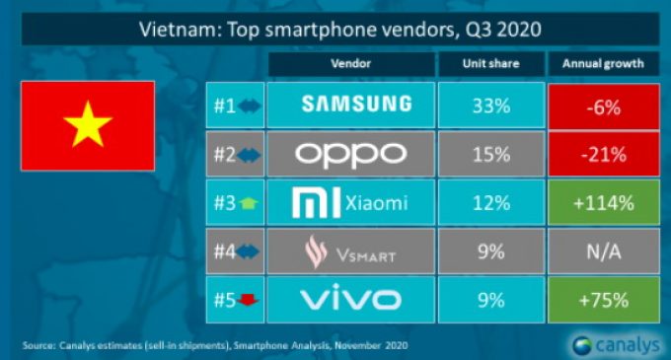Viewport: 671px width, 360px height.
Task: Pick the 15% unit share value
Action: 490,155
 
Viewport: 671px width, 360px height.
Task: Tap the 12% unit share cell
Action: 490,204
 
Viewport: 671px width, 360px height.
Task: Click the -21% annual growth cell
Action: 603,155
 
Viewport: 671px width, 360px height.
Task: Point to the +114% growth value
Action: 603,204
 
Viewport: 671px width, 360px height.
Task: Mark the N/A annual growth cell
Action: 603,253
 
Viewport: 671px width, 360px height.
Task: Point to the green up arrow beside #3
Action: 247,205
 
